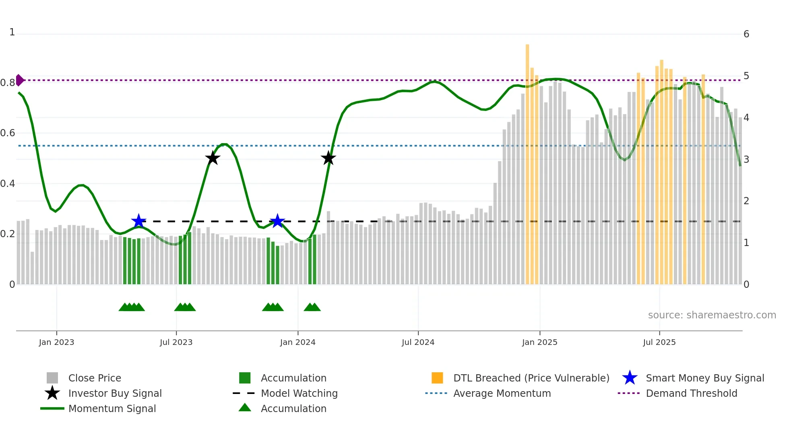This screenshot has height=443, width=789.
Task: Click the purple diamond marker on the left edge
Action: (19, 80)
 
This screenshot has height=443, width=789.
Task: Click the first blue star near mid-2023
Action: (138, 221)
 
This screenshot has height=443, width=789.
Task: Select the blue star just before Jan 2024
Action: (277, 221)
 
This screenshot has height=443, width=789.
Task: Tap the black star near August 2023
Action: (213, 158)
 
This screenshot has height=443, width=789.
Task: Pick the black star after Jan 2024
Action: (328, 158)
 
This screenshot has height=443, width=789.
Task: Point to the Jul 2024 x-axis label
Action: (418, 342)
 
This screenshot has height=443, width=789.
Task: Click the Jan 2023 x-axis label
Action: (56, 342)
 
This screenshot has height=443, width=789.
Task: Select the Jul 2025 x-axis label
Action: (659, 342)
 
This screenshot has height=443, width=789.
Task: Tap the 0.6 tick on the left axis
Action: (8, 133)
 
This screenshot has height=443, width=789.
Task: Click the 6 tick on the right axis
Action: (746, 34)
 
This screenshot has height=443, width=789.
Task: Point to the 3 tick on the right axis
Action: (746, 160)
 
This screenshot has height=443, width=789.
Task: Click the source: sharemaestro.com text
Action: (712, 315)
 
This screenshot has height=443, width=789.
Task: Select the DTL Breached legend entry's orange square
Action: (437, 378)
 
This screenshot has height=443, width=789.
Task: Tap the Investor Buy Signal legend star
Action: (52, 393)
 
